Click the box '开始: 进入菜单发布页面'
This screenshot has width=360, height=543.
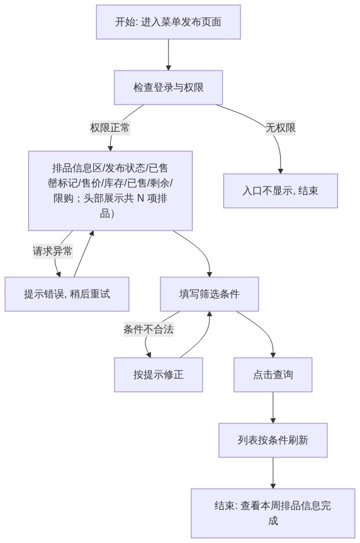(x=168, y=22)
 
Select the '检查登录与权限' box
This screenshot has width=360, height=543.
(x=168, y=88)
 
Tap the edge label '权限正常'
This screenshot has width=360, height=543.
(x=110, y=128)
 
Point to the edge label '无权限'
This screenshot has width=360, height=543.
(x=281, y=128)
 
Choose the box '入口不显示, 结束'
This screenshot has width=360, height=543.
(x=281, y=191)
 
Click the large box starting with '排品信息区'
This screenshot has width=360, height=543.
(x=110, y=191)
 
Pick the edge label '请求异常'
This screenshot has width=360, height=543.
(x=53, y=251)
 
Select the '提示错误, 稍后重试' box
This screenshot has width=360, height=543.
(x=67, y=294)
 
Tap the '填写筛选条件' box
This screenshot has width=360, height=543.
(x=209, y=294)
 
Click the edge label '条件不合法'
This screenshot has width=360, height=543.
(x=149, y=329)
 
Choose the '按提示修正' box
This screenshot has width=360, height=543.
(x=158, y=375)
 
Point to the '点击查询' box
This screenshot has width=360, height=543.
(x=273, y=375)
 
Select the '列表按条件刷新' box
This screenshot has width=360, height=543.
(x=273, y=440)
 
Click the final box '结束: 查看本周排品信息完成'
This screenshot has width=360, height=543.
(x=273, y=513)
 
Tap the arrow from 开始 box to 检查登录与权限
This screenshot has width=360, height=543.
(x=169, y=55)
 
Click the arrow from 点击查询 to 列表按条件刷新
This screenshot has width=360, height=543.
(x=273, y=408)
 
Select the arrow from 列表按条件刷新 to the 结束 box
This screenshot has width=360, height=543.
(x=273, y=473)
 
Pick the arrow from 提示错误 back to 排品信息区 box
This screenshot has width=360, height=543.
(x=83, y=254)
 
